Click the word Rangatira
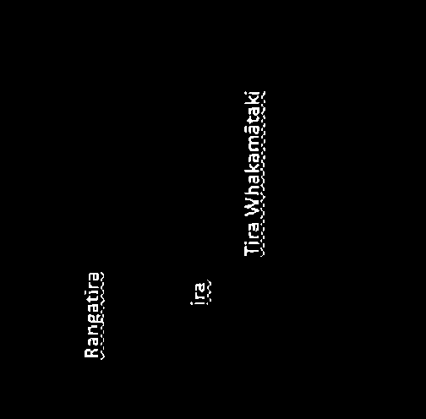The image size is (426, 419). tap(92, 315)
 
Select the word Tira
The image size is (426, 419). tap(252, 239)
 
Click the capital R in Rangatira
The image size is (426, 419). tap(92, 353)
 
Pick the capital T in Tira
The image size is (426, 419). tap(252, 251)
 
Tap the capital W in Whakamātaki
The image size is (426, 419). tap(252, 209)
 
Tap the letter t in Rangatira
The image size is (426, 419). tap(92, 297)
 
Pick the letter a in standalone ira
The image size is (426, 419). tap(199, 286)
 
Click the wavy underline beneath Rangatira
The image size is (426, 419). tap(102, 315)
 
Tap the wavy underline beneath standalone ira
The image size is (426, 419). tap(209, 292)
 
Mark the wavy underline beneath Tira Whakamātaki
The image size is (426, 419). tap(263, 173)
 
